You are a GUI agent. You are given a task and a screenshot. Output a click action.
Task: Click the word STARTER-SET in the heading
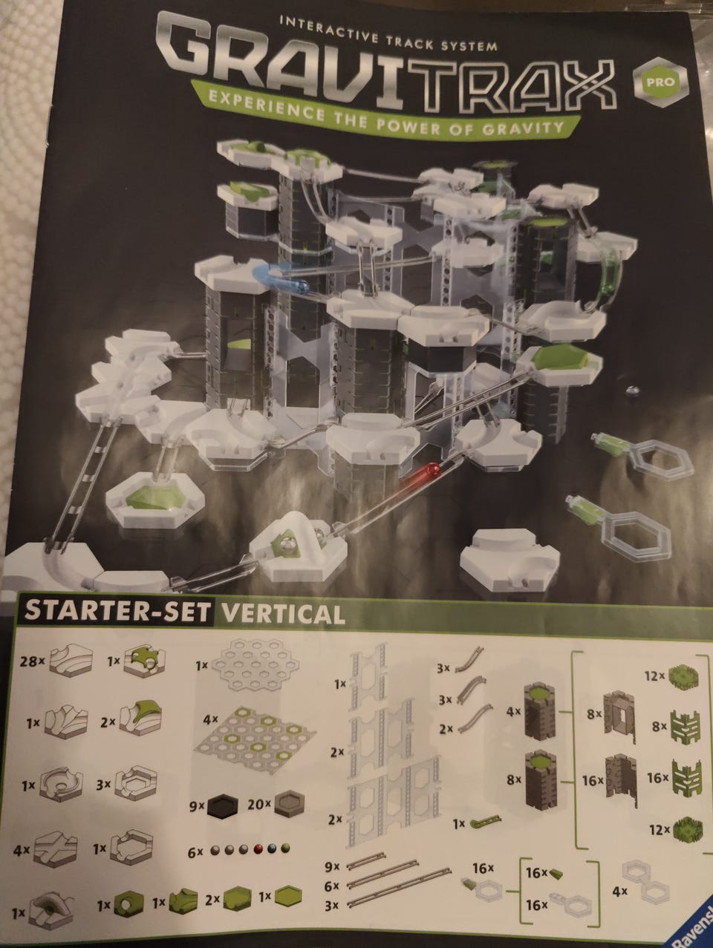pos(117,610)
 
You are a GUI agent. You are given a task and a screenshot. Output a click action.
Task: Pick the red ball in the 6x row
pos(258,849)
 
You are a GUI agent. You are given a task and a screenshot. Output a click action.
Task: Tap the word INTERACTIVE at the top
pos(328,29)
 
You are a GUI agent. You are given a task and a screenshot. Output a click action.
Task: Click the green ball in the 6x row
pos(285,849)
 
